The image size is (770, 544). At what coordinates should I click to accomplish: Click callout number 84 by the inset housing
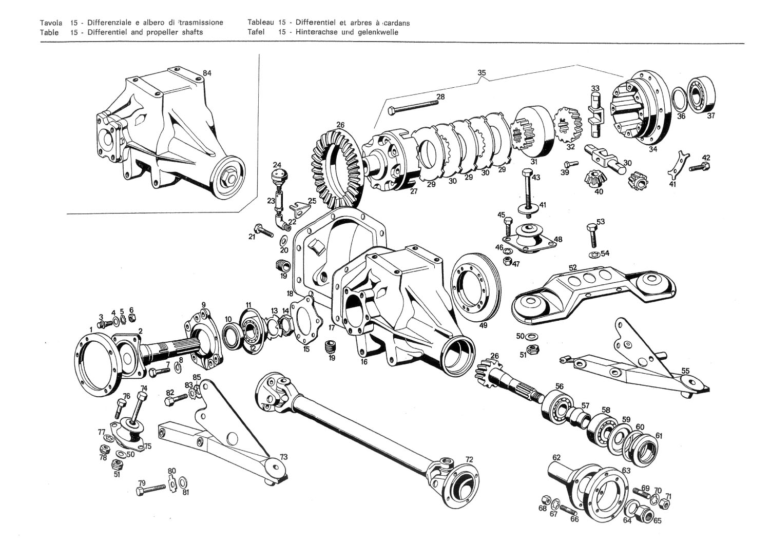tap(207, 73)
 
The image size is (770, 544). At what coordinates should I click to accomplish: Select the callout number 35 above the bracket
tap(482, 73)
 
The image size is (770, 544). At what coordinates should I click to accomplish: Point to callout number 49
tap(483, 325)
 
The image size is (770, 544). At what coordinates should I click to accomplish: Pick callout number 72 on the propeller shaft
tap(469, 459)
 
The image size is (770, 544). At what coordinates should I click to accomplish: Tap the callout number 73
tap(283, 457)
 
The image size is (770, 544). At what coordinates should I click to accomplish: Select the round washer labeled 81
tap(183, 483)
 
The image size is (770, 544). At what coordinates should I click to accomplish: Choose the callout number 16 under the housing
tap(364, 362)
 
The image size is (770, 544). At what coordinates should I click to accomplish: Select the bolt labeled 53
tap(591, 236)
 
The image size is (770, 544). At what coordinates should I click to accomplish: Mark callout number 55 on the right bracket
tap(686, 371)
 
